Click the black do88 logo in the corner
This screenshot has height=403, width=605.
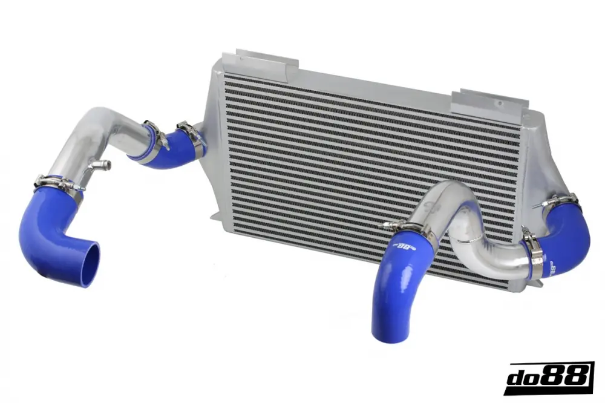tap(548, 378)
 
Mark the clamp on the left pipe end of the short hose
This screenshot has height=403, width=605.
tap(154, 134)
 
